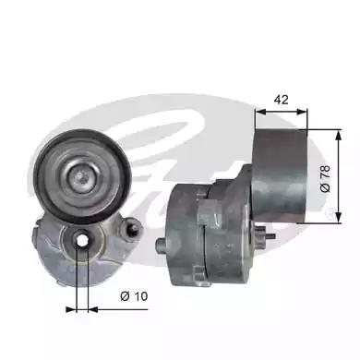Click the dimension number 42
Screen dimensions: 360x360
[x=282, y=100]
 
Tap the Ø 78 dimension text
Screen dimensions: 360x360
[x=325, y=178]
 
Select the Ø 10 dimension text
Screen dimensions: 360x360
[x=134, y=296]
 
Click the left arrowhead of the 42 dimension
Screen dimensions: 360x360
[x=260, y=112]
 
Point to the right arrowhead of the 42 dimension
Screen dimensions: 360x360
[x=302, y=112]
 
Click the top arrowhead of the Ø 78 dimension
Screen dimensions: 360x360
[x=339, y=135]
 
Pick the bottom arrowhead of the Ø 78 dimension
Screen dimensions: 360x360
[x=339, y=216]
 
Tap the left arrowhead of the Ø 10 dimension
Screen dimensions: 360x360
[x=71, y=309]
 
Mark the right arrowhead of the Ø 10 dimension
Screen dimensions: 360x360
[x=93, y=309]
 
